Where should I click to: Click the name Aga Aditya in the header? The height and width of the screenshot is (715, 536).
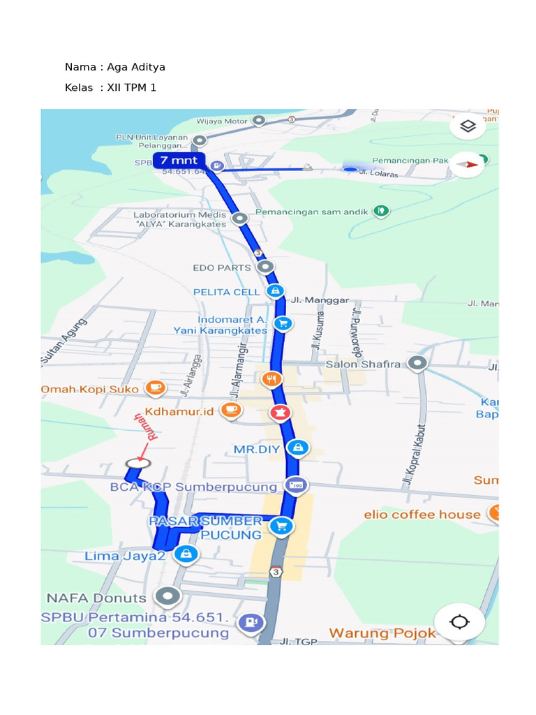(x=136, y=67)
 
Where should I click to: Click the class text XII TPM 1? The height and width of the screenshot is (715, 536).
(x=132, y=87)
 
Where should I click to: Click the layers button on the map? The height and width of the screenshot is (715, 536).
(x=468, y=126)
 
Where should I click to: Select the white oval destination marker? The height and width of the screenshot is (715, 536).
(x=138, y=462)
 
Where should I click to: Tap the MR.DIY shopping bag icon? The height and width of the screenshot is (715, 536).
(x=299, y=448)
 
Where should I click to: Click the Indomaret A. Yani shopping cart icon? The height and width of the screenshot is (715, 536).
(x=283, y=323)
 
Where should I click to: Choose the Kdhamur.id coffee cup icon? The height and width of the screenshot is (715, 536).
(x=232, y=410)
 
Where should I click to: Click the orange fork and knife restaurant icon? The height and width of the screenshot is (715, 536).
(x=271, y=380)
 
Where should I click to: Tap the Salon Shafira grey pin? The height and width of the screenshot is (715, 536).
(x=417, y=363)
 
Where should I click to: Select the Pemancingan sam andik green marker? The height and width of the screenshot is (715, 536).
(x=380, y=211)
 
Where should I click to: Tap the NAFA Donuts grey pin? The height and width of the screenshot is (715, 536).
(x=167, y=597)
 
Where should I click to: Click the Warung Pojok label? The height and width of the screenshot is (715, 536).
(x=382, y=633)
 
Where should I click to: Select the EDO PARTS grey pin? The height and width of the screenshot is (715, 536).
(x=265, y=267)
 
